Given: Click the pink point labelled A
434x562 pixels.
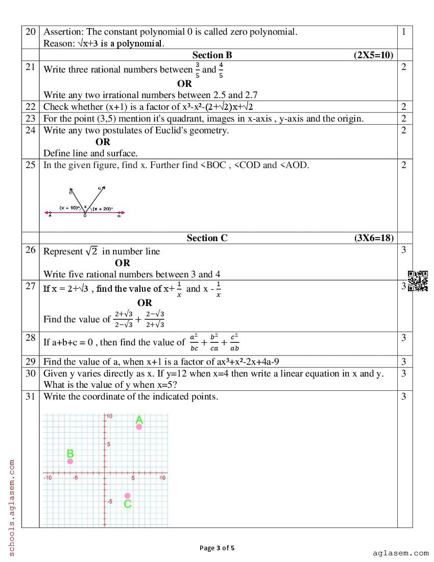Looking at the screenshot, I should (x=139, y=427).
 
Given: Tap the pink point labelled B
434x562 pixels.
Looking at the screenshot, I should (x=70, y=461).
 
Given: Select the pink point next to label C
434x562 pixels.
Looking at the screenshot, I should (x=128, y=496).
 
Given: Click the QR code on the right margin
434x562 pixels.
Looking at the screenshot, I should (x=418, y=281).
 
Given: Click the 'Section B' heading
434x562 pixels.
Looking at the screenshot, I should (x=212, y=55).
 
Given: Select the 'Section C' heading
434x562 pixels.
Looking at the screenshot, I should (x=207, y=238).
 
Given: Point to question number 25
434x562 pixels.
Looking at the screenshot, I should (x=31, y=165).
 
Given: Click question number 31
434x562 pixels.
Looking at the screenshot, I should (x=31, y=396).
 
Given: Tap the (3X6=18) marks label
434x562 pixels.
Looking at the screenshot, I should (x=374, y=238).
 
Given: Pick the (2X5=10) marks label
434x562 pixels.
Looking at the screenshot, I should (x=374, y=55).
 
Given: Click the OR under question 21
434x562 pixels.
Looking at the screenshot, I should (x=184, y=83).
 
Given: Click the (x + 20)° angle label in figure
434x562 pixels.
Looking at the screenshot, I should (x=103, y=208).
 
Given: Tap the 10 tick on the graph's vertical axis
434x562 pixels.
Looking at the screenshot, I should (x=109, y=417).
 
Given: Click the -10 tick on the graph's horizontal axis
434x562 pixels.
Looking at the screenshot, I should (x=47, y=478).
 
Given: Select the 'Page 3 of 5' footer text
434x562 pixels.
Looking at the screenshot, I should (x=217, y=548).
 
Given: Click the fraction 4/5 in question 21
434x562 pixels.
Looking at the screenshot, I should (x=221, y=69).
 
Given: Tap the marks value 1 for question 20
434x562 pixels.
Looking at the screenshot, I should (x=404, y=32).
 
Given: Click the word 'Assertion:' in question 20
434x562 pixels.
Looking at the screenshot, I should (x=63, y=32).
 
